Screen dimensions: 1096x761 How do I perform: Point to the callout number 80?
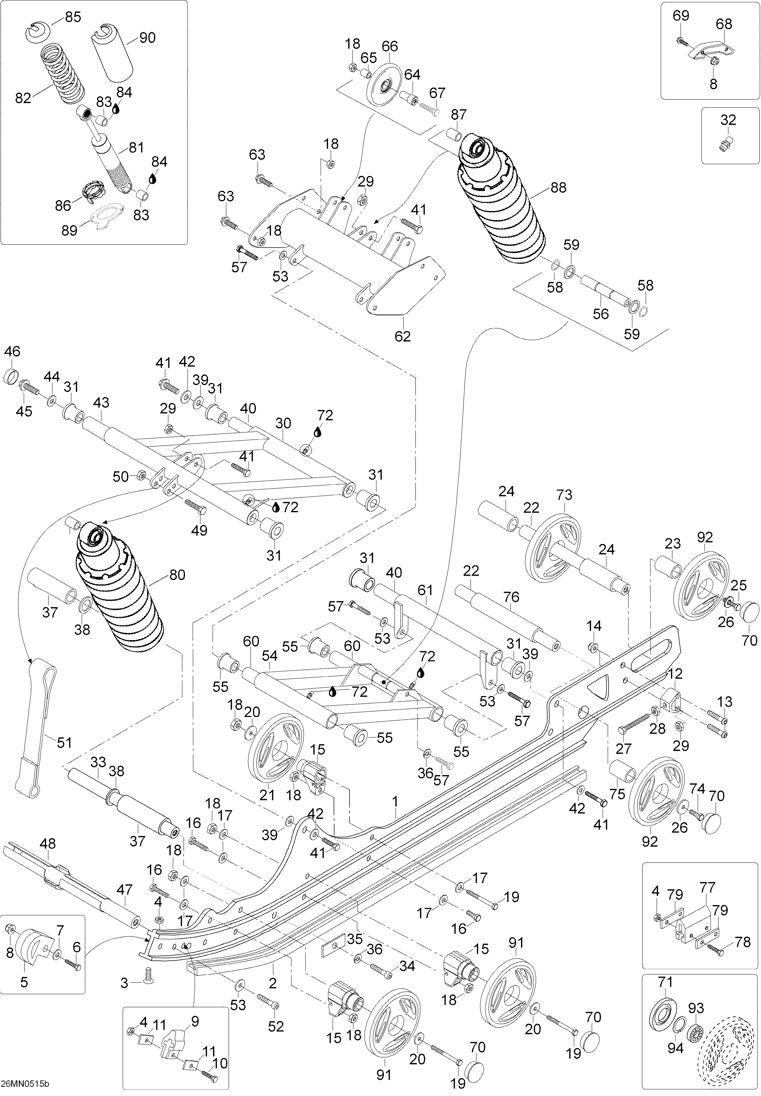point(177,575)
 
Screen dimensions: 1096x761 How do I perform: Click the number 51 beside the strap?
point(65,742)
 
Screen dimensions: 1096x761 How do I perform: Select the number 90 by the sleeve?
point(147,38)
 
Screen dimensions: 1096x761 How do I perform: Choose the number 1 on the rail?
point(395,802)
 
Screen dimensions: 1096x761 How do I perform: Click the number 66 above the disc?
point(390,46)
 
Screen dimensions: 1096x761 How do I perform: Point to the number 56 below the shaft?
point(601,313)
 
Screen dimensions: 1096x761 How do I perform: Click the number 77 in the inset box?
point(707,888)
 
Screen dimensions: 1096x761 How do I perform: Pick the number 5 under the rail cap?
point(24,982)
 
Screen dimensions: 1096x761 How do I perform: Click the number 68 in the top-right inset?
point(724,24)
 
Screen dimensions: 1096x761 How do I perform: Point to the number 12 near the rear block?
point(675,674)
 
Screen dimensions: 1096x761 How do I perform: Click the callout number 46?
point(12,351)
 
